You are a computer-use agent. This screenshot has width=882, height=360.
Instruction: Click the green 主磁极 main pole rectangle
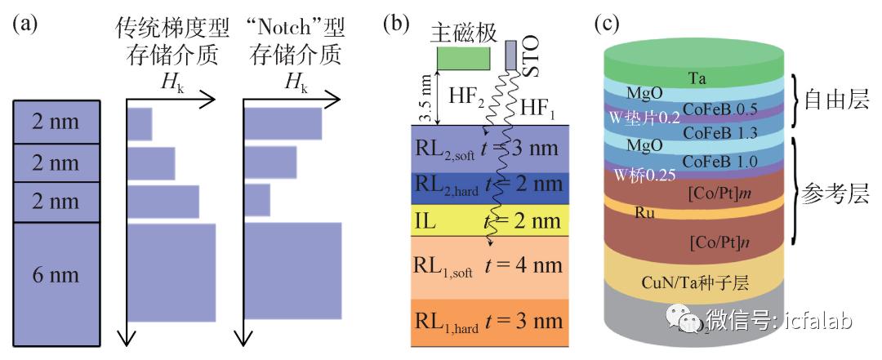463,57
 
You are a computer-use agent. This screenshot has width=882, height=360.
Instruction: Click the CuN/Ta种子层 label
696,283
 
